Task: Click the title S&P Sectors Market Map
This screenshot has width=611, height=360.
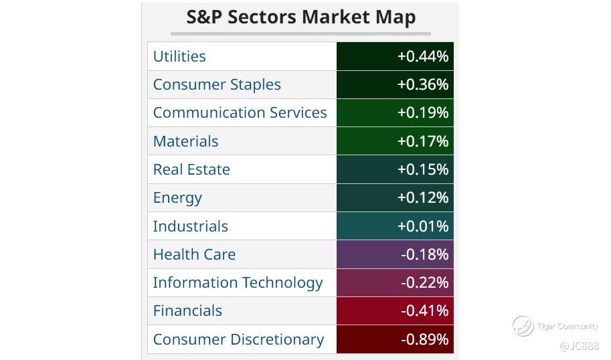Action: click(300, 17)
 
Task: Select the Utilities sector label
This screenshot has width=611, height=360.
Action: click(179, 56)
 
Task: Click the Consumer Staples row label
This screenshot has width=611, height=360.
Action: click(217, 84)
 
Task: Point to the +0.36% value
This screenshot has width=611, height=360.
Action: click(422, 84)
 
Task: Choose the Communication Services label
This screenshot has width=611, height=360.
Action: click(240, 112)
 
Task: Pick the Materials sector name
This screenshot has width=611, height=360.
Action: click(185, 141)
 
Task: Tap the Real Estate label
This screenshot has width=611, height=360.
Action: click(191, 169)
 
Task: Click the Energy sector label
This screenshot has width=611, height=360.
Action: click(177, 197)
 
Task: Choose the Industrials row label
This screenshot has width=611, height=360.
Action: click(190, 226)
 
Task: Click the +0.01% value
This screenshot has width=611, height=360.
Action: click(422, 226)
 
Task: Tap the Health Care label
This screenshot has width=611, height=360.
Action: click(194, 254)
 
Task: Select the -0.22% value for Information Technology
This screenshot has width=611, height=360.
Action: click(424, 282)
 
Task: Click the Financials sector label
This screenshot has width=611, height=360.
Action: click(187, 310)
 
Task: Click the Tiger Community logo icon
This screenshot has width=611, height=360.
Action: click(523, 327)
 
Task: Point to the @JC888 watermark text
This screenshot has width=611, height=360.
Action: click(580, 346)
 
